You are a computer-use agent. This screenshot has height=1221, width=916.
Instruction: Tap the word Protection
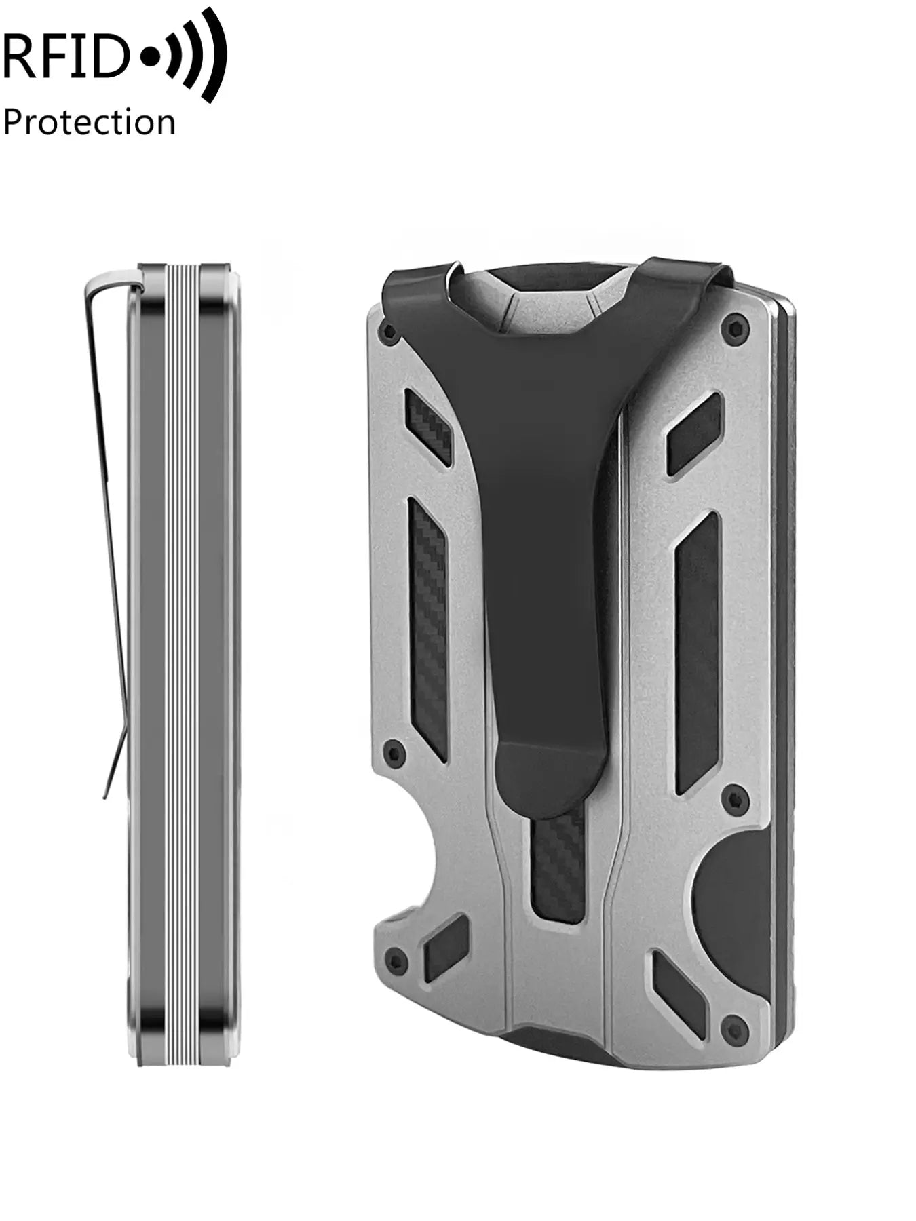(x=89, y=123)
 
